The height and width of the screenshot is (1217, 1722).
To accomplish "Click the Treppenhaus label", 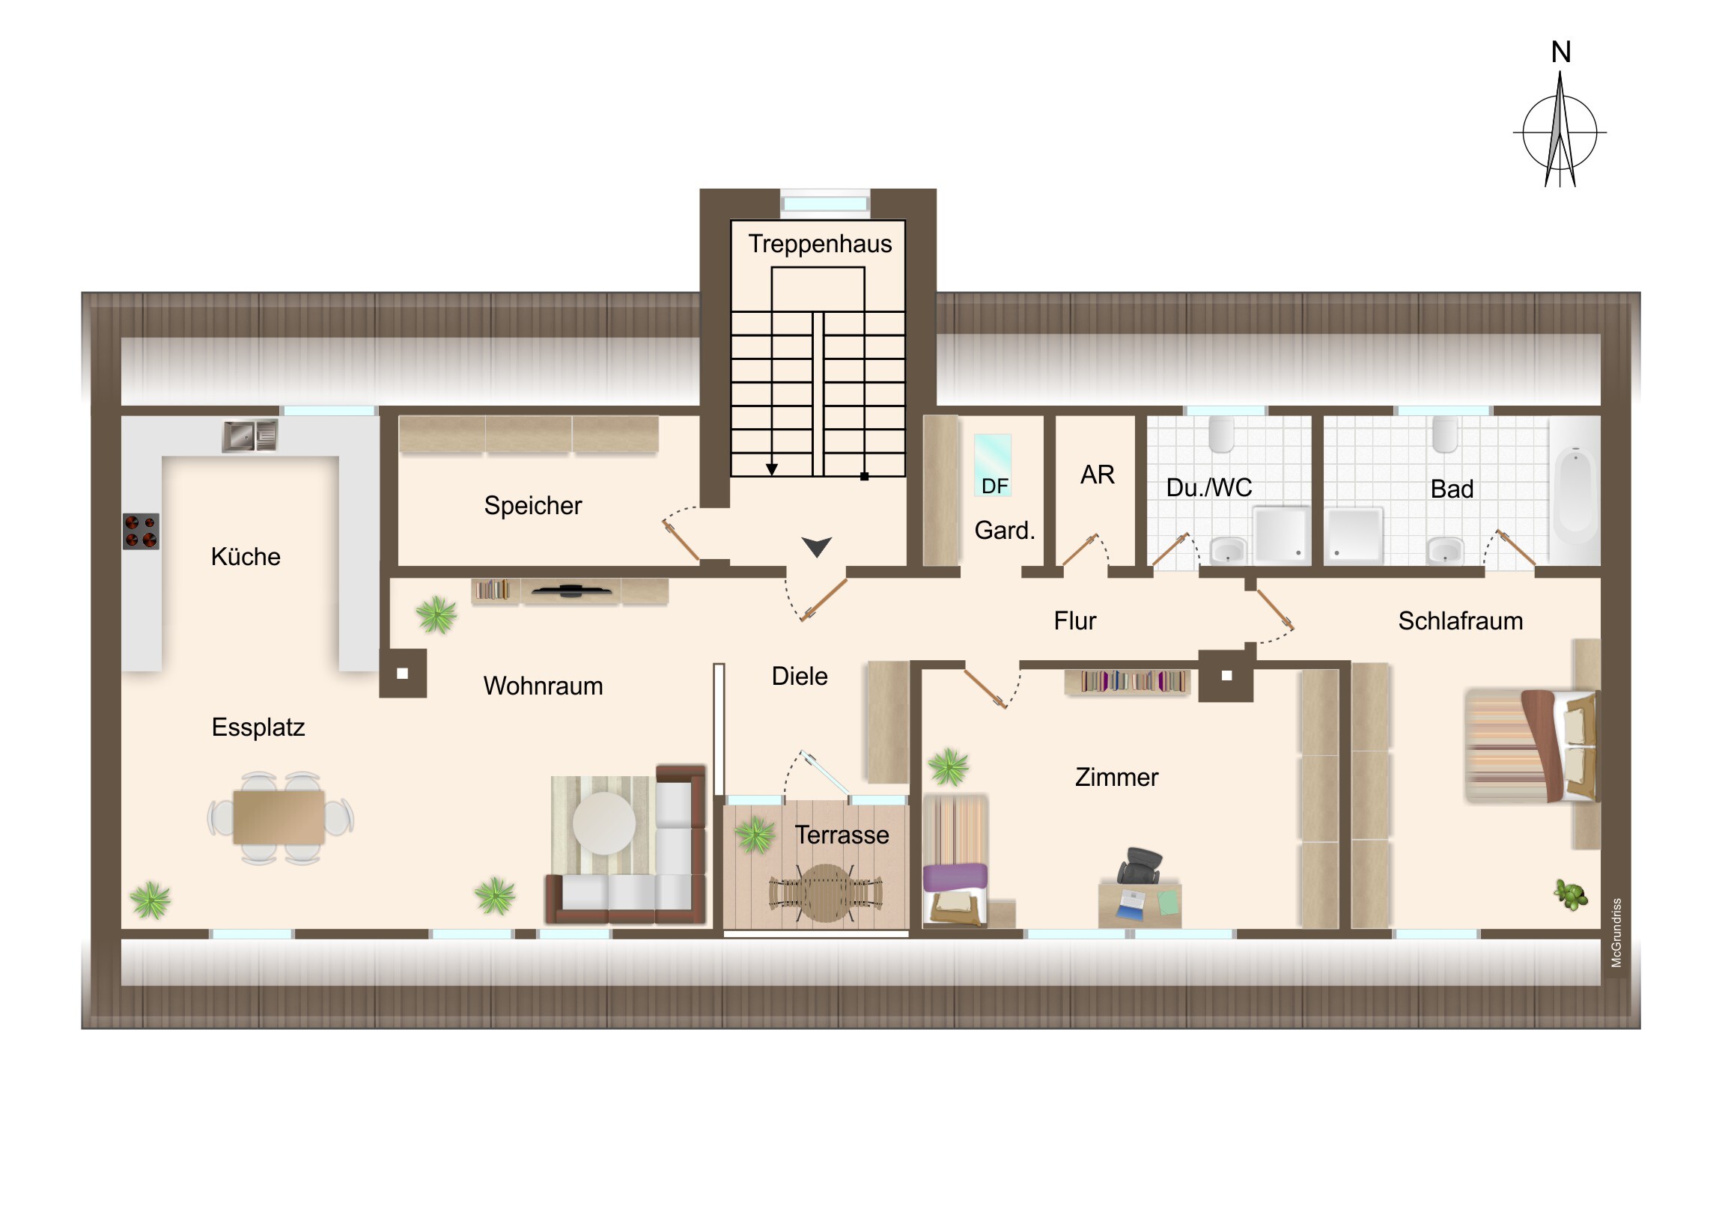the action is [x=820, y=245].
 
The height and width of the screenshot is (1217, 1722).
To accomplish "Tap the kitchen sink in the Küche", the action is [x=250, y=436].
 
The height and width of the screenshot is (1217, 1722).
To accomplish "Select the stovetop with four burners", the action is [x=141, y=531].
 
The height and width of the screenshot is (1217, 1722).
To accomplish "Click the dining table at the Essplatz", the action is [x=279, y=817].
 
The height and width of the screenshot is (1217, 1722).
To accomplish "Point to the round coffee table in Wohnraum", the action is [x=603, y=823].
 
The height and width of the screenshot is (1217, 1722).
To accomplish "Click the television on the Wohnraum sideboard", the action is [x=571, y=591].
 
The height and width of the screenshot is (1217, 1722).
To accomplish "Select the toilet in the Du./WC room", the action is [x=1221, y=434].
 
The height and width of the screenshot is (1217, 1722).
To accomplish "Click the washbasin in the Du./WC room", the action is [x=1228, y=551].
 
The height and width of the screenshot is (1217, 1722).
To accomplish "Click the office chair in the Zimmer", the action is [x=1138, y=866].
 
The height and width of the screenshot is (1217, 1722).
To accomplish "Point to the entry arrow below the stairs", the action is [x=816, y=546].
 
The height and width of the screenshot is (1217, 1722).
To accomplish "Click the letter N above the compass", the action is [x=1561, y=52].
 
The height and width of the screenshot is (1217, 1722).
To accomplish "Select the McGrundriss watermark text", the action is [x=1616, y=932].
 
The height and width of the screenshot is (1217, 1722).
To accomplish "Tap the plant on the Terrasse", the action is [x=755, y=835].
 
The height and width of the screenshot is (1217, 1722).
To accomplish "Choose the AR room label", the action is [x=1098, y=475].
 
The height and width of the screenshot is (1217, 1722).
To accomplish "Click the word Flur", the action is [x=1074, y=621].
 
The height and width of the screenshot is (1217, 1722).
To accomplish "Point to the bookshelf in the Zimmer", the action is [x=1128, y=682].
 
